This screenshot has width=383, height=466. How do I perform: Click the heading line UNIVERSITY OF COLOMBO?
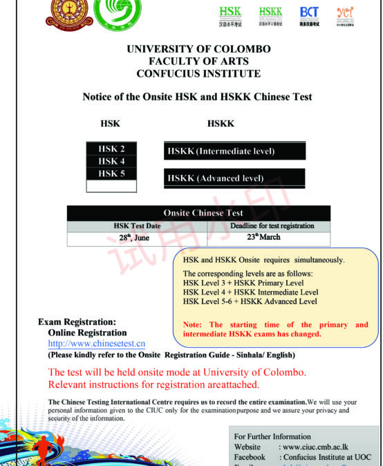pos(199,49)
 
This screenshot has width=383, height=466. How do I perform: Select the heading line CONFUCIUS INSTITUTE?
pos(198,73)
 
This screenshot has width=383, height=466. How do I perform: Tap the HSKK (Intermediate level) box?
pos(234,151)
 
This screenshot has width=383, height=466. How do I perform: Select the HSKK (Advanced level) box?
pos(234,178)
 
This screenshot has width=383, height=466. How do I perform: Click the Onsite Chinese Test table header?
pos(198,214)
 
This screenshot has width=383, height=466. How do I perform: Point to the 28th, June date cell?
pos(134,238)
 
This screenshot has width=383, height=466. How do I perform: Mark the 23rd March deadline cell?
pos(263,237)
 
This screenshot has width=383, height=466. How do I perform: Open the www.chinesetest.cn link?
pos(96,344)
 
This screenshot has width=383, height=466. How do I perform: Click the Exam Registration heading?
pos(77,322)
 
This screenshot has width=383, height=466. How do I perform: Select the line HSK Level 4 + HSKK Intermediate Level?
pos(250,292)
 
